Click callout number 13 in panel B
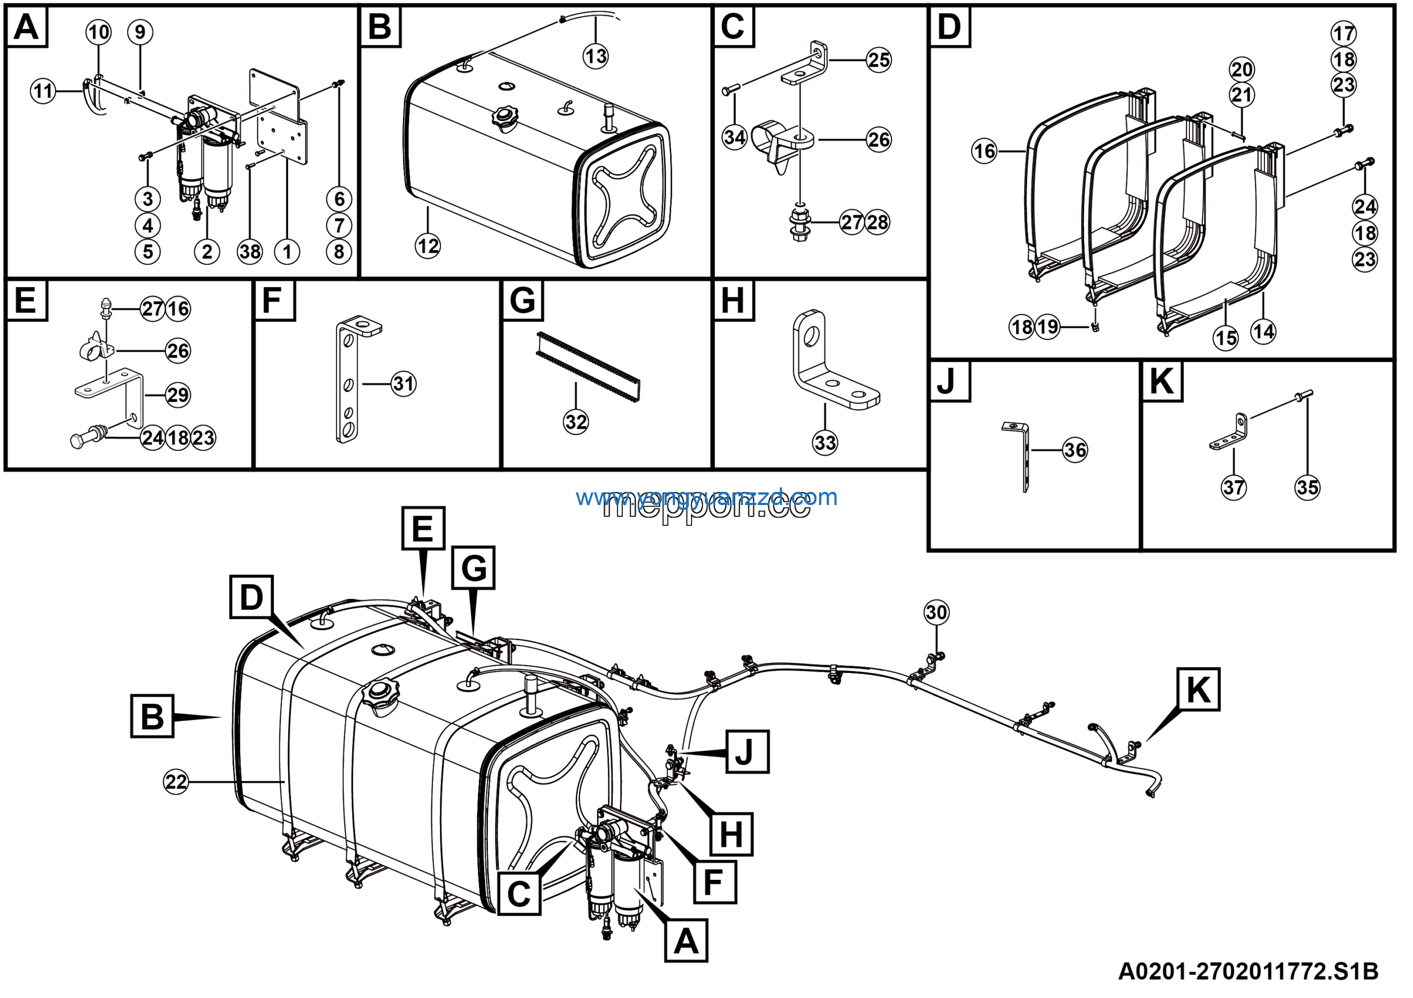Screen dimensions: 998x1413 click(595, 57)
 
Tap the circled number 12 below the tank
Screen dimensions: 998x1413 click(428, 247)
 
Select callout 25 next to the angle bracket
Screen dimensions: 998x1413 click(878, 60)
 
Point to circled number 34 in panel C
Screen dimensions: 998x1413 click(734, 137)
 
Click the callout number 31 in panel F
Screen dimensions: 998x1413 click(403, 384)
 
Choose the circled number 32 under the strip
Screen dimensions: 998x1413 click(576, 422)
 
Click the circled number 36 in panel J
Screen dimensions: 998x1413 click(1075, 450)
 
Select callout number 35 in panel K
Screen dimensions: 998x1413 click(1307, 488)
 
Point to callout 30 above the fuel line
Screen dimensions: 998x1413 click(936, 612)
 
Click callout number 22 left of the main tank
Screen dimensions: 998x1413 click(176, 782)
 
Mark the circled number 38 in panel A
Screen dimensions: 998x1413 click(250, 252)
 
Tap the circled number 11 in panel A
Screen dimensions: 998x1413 click(43, 92)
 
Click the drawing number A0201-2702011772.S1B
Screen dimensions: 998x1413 click(1248, 972)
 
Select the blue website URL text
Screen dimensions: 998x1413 click(706, 497)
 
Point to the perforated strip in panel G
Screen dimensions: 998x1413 click(588, 367)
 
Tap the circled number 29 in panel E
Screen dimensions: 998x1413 click(178, 395)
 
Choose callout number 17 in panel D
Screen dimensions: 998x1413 click(1343, 33)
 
